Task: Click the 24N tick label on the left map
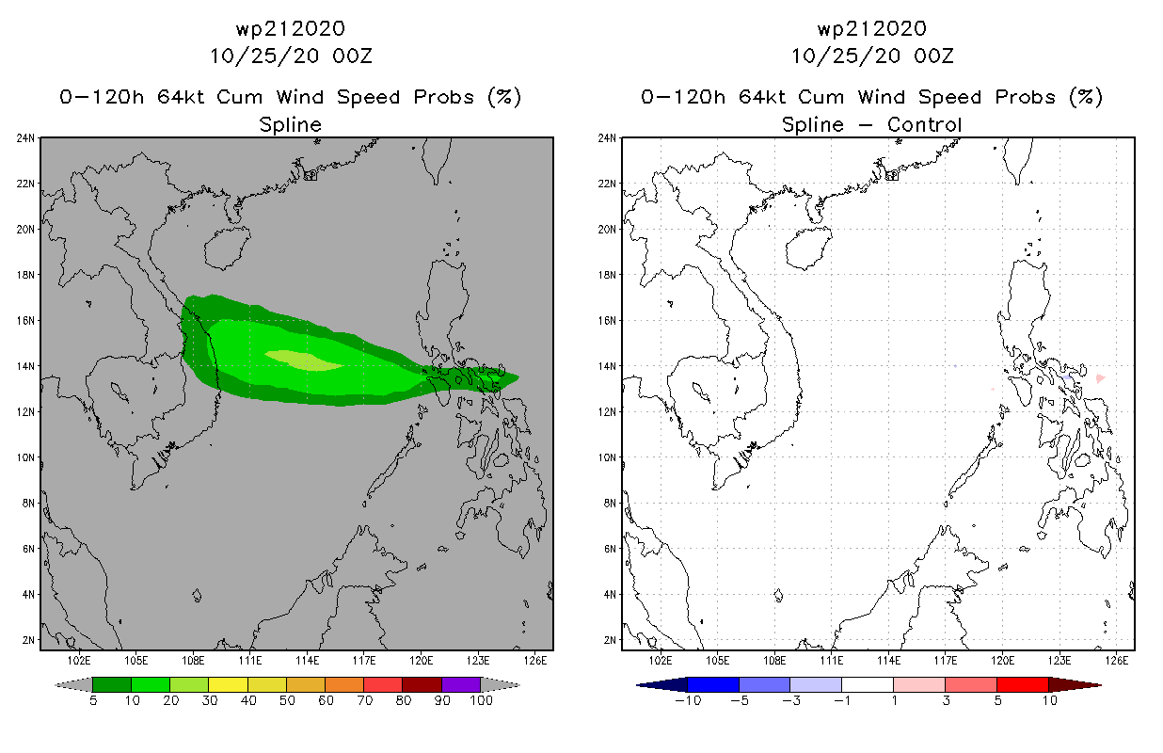[x=25, y=138]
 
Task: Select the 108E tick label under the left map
[x=194, y=659]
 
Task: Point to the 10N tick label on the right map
[x=607, y=457]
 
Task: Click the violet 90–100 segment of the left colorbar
[x=461, y=684]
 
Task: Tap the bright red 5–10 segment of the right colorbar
[x=1022, y=684]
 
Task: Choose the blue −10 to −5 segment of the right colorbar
[x=713, y=684]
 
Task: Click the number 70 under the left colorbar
[x=363, y=700]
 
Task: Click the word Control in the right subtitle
[x=928, y=124]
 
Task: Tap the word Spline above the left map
[x=290, y=124]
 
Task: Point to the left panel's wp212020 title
[x=290, y=29]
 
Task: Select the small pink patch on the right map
[x=1100, y=378]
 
